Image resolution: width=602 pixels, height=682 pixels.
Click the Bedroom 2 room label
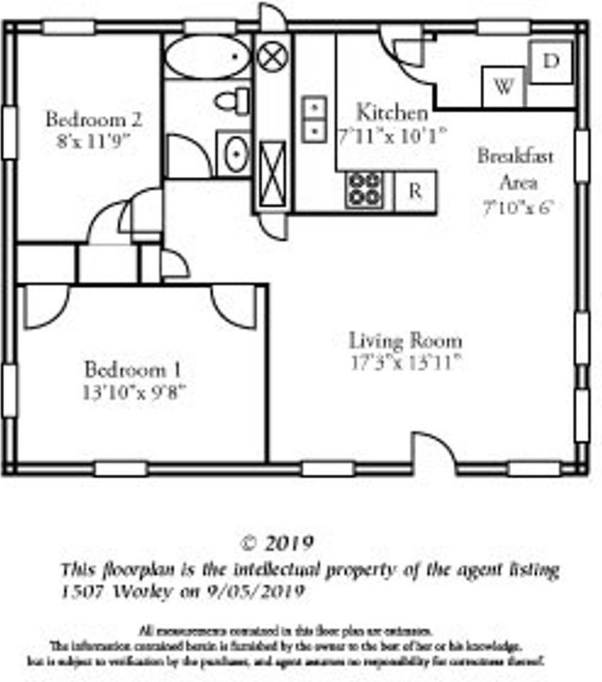[93, 119]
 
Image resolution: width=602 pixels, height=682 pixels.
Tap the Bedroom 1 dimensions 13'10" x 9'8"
[135, 391]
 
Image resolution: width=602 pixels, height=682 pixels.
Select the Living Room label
[405, 340]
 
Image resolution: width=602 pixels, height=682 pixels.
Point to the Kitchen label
[392, 112]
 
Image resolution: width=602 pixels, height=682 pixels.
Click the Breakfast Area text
[515, 169]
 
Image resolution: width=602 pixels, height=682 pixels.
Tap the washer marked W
[503, 87]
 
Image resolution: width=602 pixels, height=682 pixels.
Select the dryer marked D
[551, 62]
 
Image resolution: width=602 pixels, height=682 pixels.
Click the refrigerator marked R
[415, 191]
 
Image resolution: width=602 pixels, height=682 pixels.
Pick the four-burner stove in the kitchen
[365, 190]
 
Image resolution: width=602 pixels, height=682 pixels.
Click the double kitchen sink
[314, 119]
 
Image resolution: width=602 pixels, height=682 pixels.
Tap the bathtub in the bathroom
[208, 57]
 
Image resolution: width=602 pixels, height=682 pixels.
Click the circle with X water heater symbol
[273, 56]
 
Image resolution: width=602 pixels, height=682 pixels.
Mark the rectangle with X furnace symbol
[273, 174]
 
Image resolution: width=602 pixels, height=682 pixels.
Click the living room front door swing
[433, 453]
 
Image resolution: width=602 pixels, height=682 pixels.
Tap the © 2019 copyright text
[278, 543]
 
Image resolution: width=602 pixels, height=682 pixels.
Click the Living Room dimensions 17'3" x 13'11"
[406, 363]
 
